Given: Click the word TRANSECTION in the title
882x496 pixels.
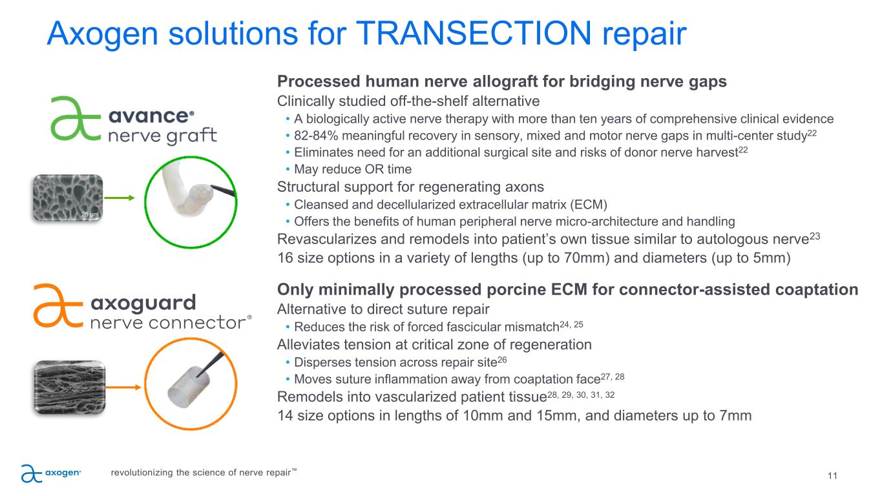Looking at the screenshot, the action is [474, 33].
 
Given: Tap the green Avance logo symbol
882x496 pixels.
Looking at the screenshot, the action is [76, 118].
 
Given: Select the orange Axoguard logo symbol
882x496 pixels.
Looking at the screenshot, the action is [58, 305].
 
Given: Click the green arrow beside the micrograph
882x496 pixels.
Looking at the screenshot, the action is [120, 198].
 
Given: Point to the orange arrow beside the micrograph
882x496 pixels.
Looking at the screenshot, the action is [123, 387].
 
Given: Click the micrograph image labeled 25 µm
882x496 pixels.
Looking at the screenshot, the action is [67, 198].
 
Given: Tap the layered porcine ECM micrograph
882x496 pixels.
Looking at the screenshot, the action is [70, 387].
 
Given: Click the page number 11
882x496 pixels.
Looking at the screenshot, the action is [832, 476].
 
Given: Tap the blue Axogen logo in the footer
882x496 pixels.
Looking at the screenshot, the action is [51, 473].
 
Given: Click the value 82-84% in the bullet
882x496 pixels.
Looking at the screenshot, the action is [316, 136].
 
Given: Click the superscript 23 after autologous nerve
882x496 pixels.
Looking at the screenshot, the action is [815, 236].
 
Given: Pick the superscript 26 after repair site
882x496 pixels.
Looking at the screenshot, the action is [502, 360].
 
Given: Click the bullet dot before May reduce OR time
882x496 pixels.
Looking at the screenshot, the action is [288, 169].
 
